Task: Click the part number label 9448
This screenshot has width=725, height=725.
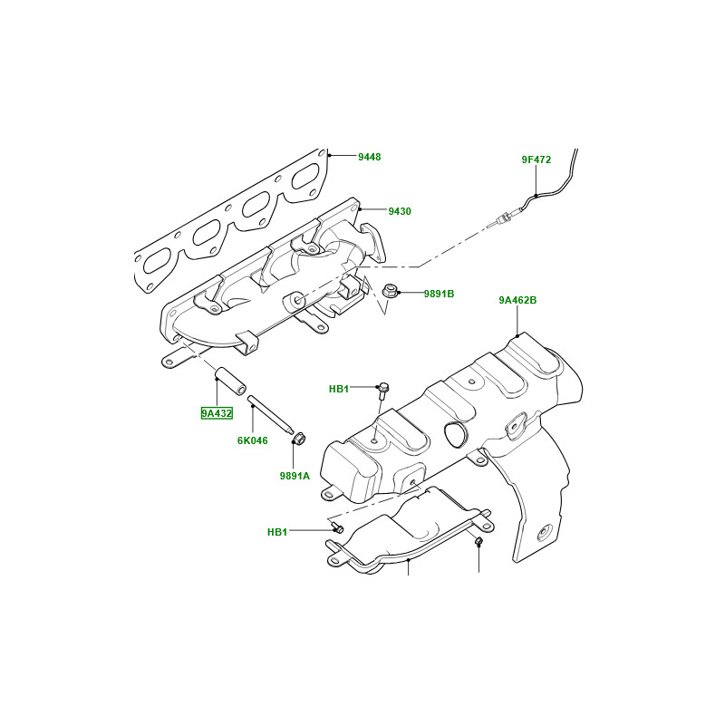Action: click(x=369, y=157)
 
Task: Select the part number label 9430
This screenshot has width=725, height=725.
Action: click(x=400, y=211)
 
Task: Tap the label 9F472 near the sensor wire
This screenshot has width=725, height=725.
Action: click(x=536, y=159)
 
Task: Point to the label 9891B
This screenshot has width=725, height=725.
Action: click(x=439, y=294)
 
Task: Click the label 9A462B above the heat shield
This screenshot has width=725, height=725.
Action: click(x=517, y=299)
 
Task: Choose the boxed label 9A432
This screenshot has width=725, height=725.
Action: click(x=217, y=413)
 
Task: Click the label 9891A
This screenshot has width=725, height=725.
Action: click(x=295, y=475)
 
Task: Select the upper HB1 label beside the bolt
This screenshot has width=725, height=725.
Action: click(x=339, y=389)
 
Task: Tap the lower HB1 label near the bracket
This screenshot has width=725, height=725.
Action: click(x=277, y=532)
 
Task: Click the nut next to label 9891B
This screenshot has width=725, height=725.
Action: click(x=391, y=292)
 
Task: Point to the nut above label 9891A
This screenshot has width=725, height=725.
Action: click(x=296, y=440)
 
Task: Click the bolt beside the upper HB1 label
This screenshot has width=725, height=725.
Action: click(x=382, y=391)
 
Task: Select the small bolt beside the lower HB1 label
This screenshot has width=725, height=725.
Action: click(x=338, y=527)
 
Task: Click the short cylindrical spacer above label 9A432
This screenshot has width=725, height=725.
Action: click(x=229, y=381)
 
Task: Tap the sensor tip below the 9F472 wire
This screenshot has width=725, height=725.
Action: click(x=501, y=219)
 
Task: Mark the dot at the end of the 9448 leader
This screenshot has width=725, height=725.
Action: click(x=330, y=156)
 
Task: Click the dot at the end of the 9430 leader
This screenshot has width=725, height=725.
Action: click(x=361, y=210)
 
